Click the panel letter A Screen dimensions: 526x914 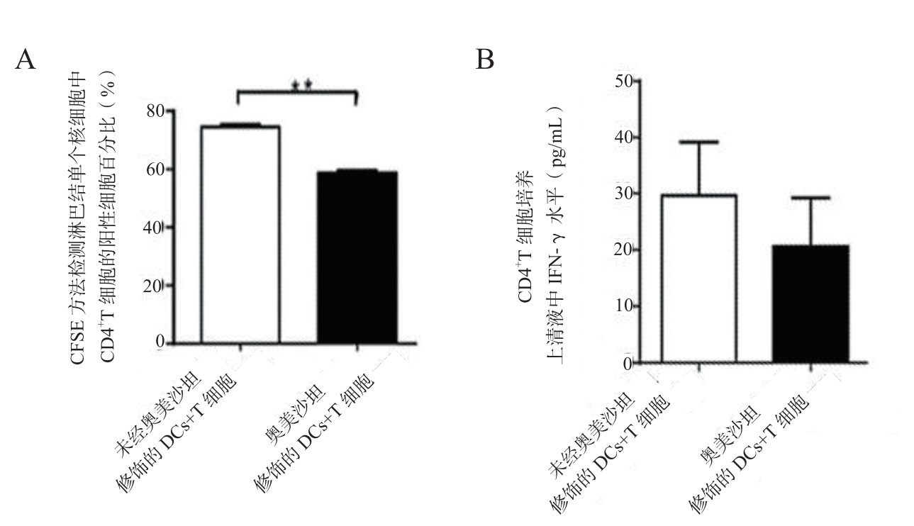[x=25, y=60]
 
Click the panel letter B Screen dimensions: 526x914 [x=484, y=60]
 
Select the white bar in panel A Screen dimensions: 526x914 [x=240, y=235]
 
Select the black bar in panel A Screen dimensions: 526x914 [x=357, y=257]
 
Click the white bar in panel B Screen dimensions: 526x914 [x=699, y=278]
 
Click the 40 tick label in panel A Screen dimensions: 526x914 [x=155, y=228]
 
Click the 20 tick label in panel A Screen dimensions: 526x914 [x=155, y=286]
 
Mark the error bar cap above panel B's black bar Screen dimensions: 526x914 [x=810, y=198]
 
